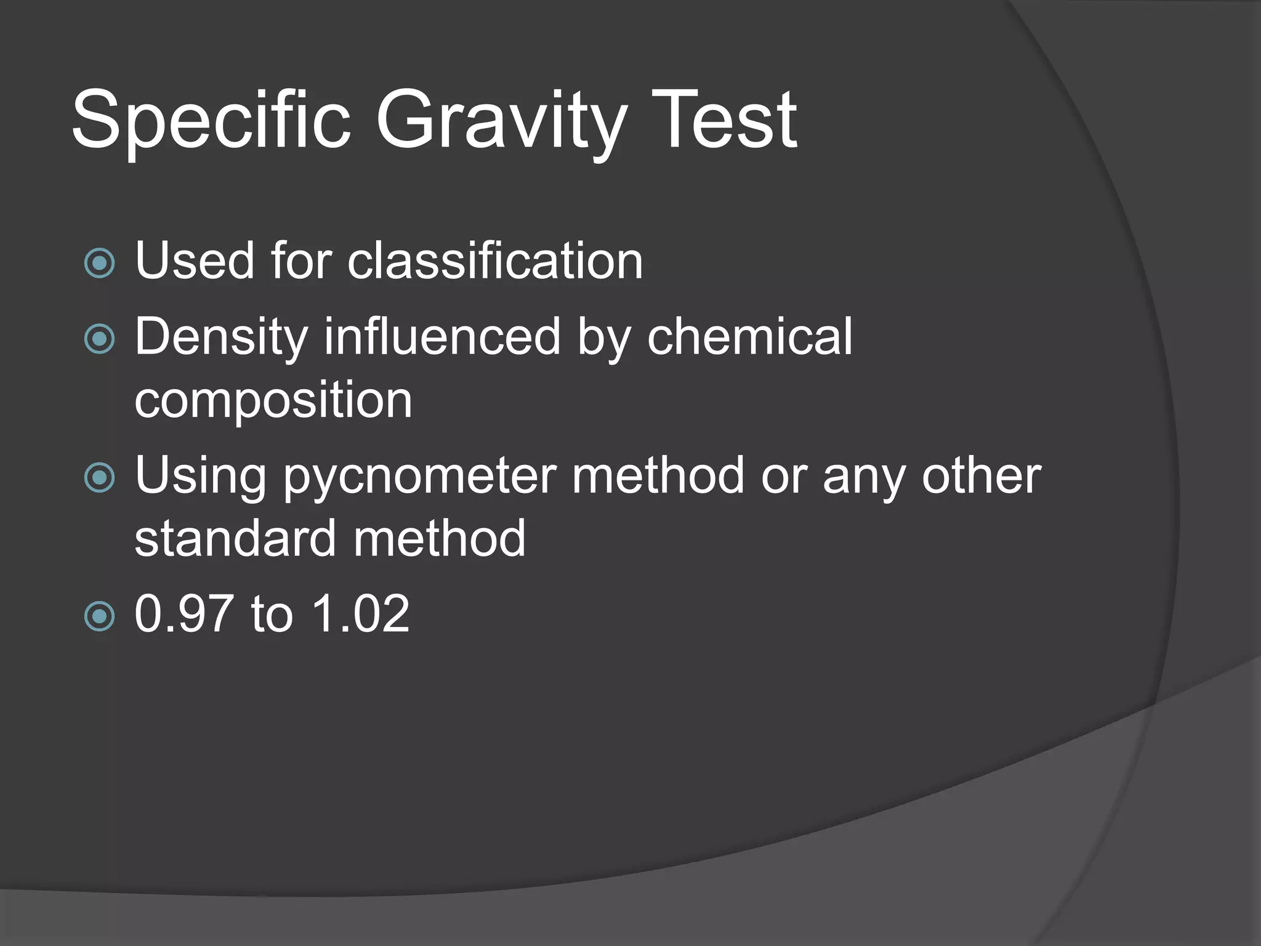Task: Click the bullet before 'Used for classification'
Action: tap(99, 263)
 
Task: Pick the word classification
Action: tap(495, 261)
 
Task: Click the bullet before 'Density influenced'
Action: tap(99, 339)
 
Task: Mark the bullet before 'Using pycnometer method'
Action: tap(99, 478)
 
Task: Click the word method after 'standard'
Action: tap(439, 538)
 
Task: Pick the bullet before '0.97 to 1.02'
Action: tap(99, 616)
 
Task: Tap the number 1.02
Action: tap(361, 613)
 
